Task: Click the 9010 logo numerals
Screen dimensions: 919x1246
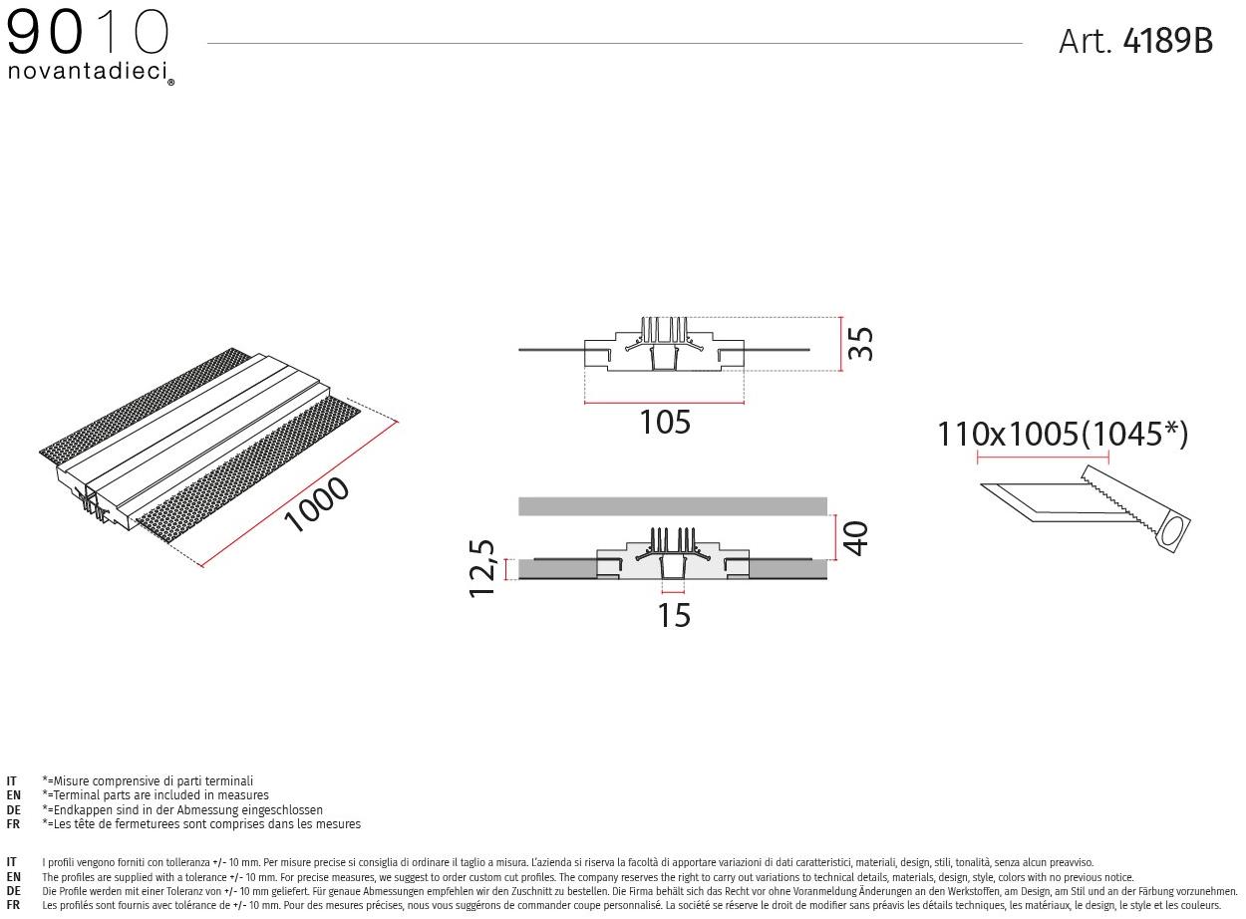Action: (88, 34)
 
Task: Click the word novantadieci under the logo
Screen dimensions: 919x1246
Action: (88, 72)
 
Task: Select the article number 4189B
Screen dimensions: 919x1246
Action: (1167, 41)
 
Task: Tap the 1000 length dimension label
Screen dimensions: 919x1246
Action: (317, 505)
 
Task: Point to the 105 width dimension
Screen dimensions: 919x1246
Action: (665, 423)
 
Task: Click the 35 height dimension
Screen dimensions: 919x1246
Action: (860, 344)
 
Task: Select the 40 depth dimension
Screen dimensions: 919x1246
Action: (855, 537)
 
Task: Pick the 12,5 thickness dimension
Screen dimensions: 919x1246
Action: (481, 568)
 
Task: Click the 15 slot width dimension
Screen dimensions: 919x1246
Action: (674, 615)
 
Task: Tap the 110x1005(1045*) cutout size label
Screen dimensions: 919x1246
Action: (1063, 435)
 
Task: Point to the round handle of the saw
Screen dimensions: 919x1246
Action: (1174, 532)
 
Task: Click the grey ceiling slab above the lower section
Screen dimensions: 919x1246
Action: (673, 505)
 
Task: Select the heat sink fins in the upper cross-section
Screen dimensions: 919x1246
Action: (665, 330)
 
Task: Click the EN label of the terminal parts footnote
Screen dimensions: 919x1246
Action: (13, 795)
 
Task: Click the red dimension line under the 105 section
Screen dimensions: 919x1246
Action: (664, 403)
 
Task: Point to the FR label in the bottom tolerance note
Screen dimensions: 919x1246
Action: (13, 905)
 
